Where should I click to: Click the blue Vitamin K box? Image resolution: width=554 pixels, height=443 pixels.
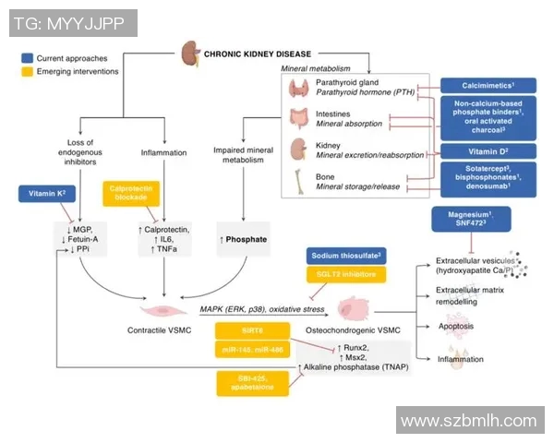pyautogui.click(x=46, y=195)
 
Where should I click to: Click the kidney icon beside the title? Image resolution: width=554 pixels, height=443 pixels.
pyautogui.click(x=189, y=54)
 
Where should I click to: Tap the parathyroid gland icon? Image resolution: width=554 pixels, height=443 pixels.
pyautogui.click(x=299, y=89)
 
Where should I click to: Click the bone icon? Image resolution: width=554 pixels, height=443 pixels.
pyautogui.click(x=299, y=180)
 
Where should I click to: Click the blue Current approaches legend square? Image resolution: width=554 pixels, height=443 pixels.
pyautogui.click(x=27, y=57)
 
